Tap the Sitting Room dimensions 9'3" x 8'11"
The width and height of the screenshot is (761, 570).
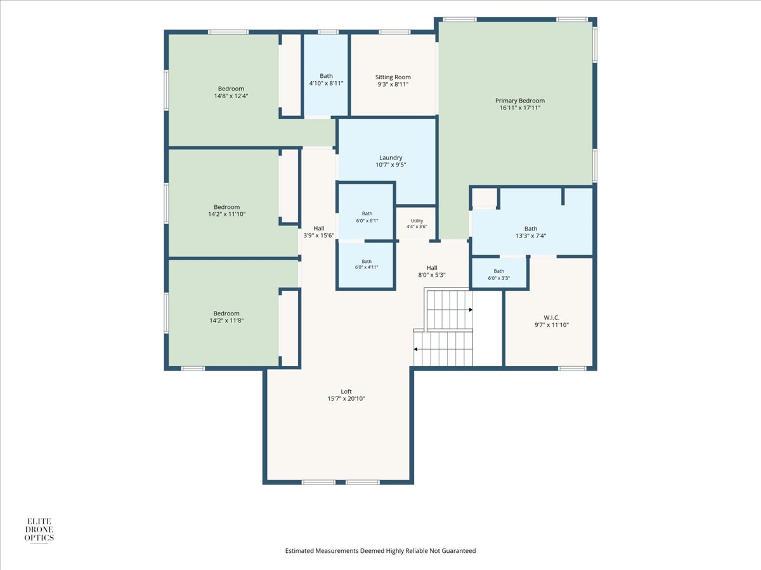[x=393, y=84]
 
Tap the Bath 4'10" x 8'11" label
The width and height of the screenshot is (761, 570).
[x=326, y=79]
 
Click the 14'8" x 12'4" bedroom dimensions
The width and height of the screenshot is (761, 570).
[x=231, y=96]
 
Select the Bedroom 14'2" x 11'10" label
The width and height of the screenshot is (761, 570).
[x=227, y=210]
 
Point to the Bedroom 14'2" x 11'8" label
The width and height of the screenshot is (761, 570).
[x=226, y=317]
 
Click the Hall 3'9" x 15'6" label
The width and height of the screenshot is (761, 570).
[x=318, y=232]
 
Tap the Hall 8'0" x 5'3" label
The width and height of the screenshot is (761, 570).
[x=432, y=271]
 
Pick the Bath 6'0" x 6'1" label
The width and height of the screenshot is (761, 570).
[x=367, y=217]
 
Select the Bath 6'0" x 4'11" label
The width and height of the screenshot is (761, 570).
[x=367, y=264]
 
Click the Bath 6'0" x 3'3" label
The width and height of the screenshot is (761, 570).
[x=499, y=274]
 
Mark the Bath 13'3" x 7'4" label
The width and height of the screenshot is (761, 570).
[x=531, y=232]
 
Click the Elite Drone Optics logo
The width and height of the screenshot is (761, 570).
[x=39, y=530]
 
